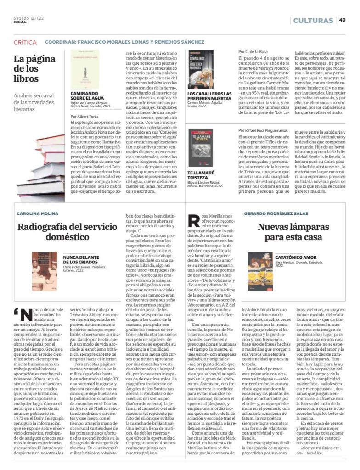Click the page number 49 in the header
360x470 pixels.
(x=343, y=20)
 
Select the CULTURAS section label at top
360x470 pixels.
(x=313, y=21)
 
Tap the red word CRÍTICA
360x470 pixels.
(x=25, y=42)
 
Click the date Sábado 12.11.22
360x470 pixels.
(x=28, y=18)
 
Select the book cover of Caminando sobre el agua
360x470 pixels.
(x=85, y=69)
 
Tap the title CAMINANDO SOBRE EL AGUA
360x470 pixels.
(x=87, y=95)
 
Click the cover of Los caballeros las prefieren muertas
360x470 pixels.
(x=201, y=69)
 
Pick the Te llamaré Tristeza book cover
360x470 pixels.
(x=201, y=148)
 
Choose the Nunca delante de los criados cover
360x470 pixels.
(x=45, y=270)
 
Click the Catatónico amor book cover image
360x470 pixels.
(x=260, y=271)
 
